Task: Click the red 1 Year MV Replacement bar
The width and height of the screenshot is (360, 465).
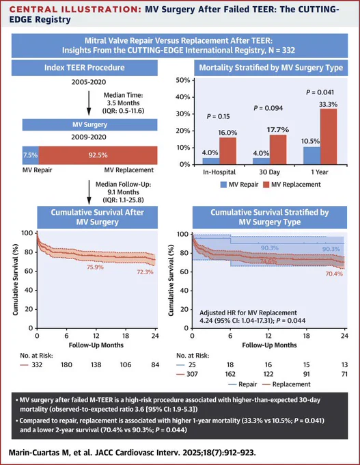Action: tap(329, 136)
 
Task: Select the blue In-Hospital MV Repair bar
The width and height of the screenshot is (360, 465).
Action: tap(211, 161)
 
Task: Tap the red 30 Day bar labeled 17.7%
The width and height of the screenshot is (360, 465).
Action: tap(278, 150)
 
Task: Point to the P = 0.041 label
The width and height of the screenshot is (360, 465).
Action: tap(320, 92)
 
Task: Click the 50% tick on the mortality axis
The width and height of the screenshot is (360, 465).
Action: tap(183, 81)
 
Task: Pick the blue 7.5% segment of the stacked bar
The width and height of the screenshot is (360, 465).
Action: tap(31, 155)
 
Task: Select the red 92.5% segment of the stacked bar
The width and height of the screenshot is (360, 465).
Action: tap(98, 155)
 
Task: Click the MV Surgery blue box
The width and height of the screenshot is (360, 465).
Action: tap(89, 124)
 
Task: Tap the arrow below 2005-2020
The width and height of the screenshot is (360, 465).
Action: tap(89, 103)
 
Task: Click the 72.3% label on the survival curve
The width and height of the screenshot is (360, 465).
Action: tap(145, 271)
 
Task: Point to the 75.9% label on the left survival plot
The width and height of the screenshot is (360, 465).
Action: tap(95, 267)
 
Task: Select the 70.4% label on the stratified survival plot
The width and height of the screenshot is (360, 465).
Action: tap(334, 274)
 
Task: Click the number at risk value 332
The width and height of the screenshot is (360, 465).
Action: tap(37, 364)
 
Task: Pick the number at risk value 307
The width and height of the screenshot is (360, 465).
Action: tap(192, 374)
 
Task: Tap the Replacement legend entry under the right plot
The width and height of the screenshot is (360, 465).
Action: tap(287, 384)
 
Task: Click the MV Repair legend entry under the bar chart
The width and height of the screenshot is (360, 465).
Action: tap(239, 185)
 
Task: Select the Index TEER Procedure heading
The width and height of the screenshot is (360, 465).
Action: tap(85, 68)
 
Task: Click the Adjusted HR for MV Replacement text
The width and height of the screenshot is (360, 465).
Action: tap(248, 313)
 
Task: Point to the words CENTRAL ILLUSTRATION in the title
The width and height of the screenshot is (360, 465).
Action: tap(75, 10)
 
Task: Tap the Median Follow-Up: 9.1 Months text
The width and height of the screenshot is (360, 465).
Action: tap(123, 188)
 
